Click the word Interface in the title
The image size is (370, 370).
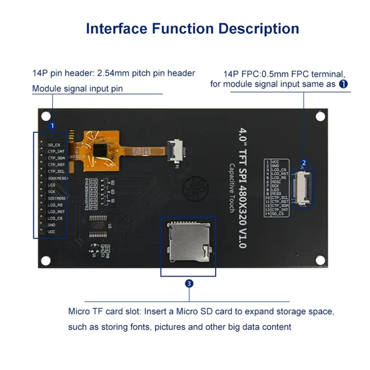(x=116, y=28)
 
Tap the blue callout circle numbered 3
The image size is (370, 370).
(x=189, y=284)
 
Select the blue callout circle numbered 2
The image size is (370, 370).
(x=304, y=162)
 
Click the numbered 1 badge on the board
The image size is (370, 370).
(x=52, y=125)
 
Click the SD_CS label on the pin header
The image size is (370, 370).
(x=54, y=145)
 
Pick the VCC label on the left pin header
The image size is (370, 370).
(x=51, y=231)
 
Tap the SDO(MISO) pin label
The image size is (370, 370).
(x=58, y=178)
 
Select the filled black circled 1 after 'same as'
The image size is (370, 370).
(x=343, y=84)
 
